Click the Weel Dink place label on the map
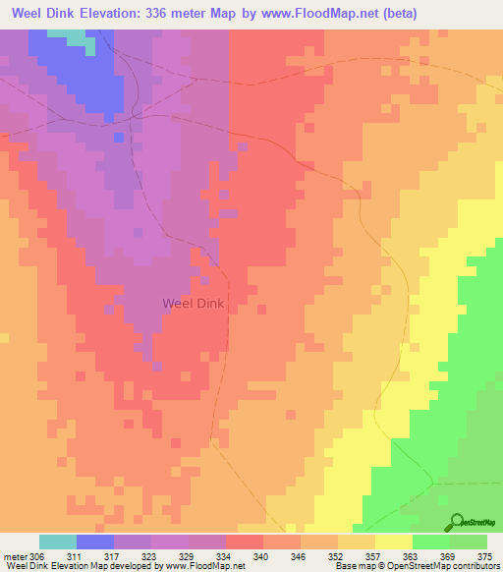[193, 304]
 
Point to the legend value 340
[262, 556]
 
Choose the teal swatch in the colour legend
[58, 542]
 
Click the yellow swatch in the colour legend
[394, 542]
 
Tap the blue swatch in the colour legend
[95, 542]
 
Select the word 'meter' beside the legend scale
[16, 556]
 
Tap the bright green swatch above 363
[431, 542]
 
